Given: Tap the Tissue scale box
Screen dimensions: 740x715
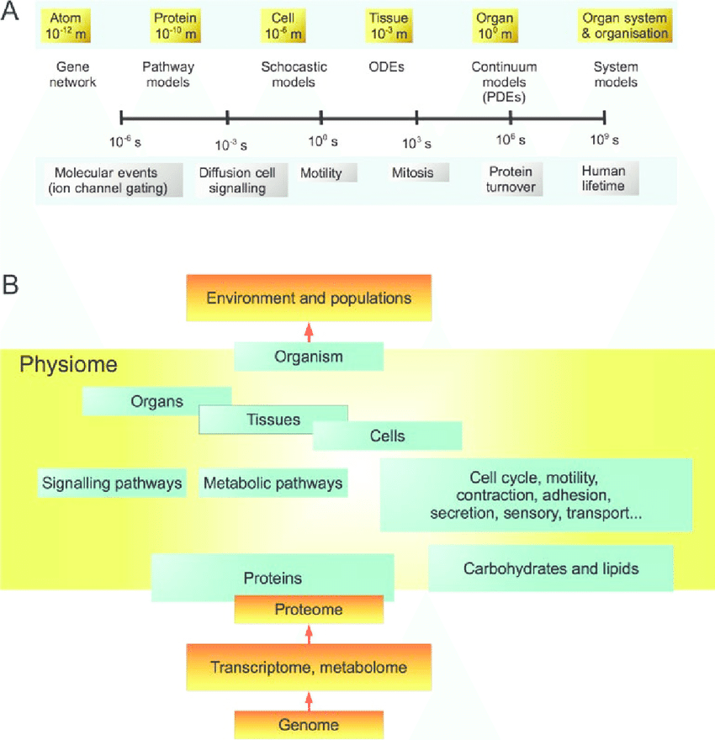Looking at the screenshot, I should (389, 26).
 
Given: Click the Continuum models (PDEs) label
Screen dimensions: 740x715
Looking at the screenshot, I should (505, 82).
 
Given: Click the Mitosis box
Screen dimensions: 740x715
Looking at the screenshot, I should (413, 173).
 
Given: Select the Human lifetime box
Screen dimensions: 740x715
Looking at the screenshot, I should (604, 178).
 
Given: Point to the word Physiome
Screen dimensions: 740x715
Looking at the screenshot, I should (68, 365).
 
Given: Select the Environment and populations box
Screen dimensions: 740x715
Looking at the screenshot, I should (309, 298).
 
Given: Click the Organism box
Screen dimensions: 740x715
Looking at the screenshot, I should (309, 357).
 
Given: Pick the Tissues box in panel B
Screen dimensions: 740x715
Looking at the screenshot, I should (273, 419).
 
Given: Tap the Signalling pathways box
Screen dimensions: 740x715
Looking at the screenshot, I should (112, 484).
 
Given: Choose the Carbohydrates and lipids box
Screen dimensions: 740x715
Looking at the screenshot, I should (551, 568).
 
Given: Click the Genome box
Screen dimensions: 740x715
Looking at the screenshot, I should (309, 724).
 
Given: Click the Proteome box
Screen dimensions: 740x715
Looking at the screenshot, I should (309, 610).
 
